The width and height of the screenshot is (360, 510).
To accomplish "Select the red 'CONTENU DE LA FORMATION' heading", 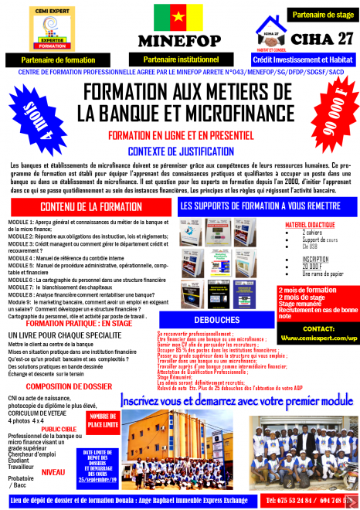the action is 87,207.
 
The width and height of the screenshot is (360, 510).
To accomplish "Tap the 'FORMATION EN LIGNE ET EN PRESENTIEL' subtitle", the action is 179,134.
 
